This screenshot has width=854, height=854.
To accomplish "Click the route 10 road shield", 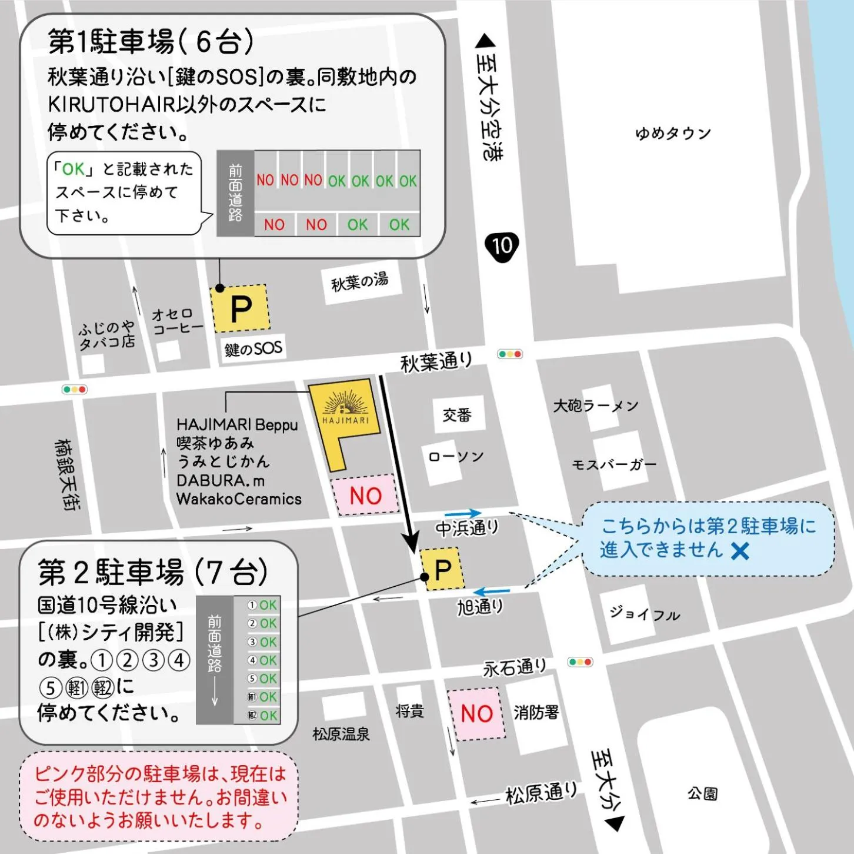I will click(502, 246).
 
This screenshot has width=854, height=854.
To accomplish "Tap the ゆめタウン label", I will click(673, 134).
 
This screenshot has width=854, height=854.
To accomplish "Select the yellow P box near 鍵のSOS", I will click(241, 308).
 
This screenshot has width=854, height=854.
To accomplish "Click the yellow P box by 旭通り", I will click(443, 569).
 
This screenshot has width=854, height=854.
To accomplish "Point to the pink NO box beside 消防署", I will click(476, 713).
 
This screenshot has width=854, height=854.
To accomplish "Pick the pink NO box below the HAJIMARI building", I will click(365, 496).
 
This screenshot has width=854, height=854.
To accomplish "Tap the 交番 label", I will click(457, 415).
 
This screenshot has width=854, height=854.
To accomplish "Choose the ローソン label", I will click(456, 457).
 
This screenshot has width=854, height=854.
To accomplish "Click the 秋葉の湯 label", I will click(359, 282).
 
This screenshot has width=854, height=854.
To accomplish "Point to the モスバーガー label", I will click(614, 465).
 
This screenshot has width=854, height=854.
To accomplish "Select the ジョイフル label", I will click(645, 614).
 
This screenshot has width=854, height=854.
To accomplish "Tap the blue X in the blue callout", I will click(740, 551).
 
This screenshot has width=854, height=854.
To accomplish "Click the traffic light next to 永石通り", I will click(580, 662).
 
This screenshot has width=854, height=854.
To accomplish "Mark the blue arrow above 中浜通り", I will click(463, 514).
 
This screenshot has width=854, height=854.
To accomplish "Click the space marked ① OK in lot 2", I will click(262, 605).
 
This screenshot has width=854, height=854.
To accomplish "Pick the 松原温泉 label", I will click(341, 734).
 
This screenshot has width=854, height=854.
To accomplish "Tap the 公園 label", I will click(702, 794).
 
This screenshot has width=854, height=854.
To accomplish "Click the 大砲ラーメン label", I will click(595, 406).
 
